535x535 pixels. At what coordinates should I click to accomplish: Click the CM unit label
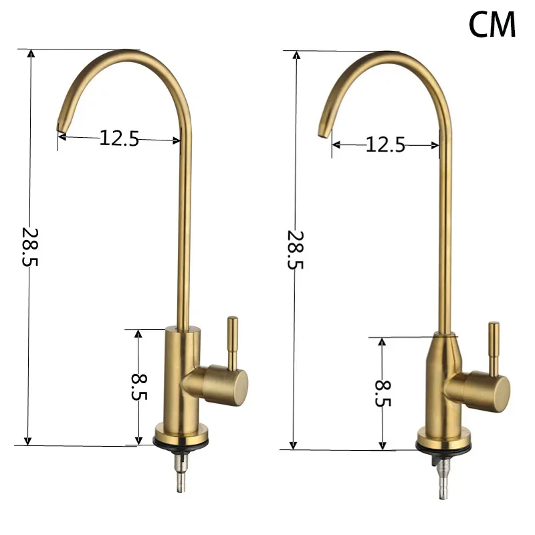point(492,25)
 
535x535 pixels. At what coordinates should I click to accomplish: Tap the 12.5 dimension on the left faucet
point(119,138)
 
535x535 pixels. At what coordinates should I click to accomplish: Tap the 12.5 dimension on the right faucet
point(385,144)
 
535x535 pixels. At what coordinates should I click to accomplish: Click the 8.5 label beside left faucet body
point(139,387)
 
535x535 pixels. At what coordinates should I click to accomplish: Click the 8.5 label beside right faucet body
point(383,393)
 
